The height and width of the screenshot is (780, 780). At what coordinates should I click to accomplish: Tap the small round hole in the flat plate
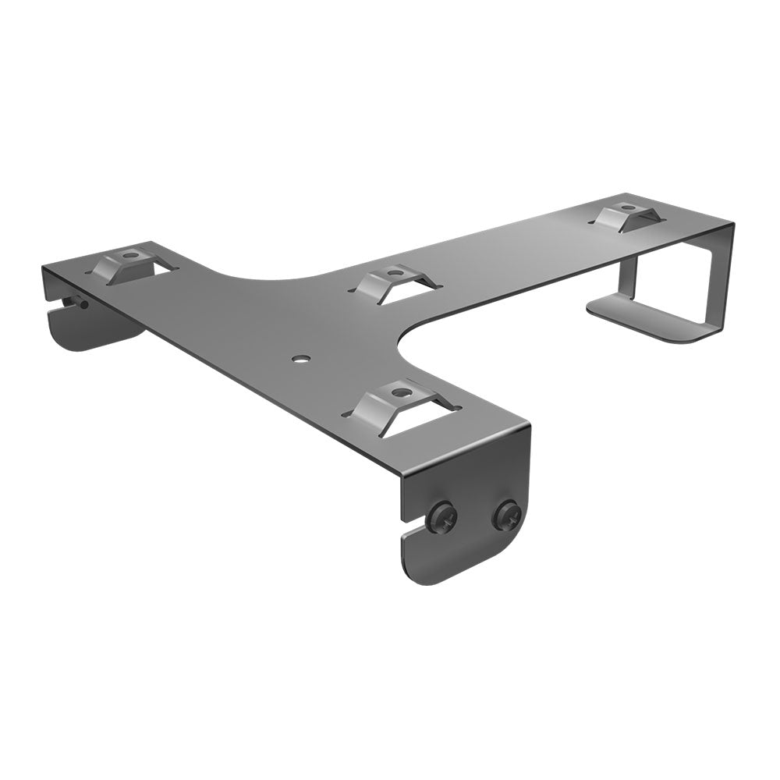[299, 360]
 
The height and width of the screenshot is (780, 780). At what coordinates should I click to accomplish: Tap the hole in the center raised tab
[395, 272]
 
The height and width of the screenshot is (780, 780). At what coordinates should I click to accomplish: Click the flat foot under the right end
[647, 321]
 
